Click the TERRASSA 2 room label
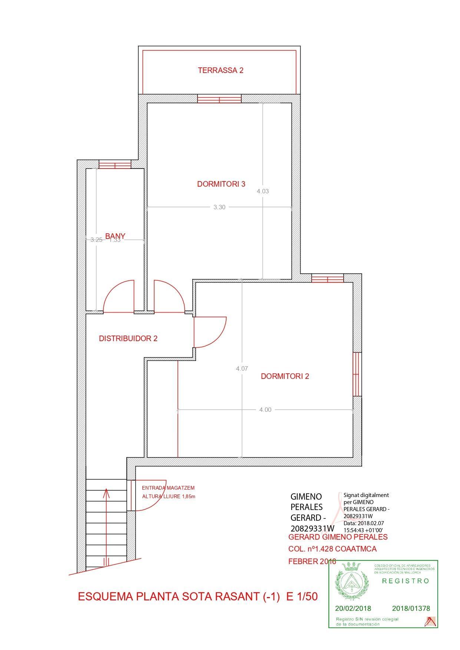221,70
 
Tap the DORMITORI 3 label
221,184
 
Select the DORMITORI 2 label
285,376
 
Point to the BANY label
115,236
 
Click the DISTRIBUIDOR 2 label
128,339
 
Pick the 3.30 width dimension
219,207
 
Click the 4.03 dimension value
262,191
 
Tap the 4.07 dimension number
242,369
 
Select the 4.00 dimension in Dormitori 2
265,410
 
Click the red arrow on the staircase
107,526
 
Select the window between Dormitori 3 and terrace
219,99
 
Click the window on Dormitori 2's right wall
357,374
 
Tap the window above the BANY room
115,164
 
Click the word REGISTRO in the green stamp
406,581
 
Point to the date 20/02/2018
353,608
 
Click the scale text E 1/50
302,597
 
